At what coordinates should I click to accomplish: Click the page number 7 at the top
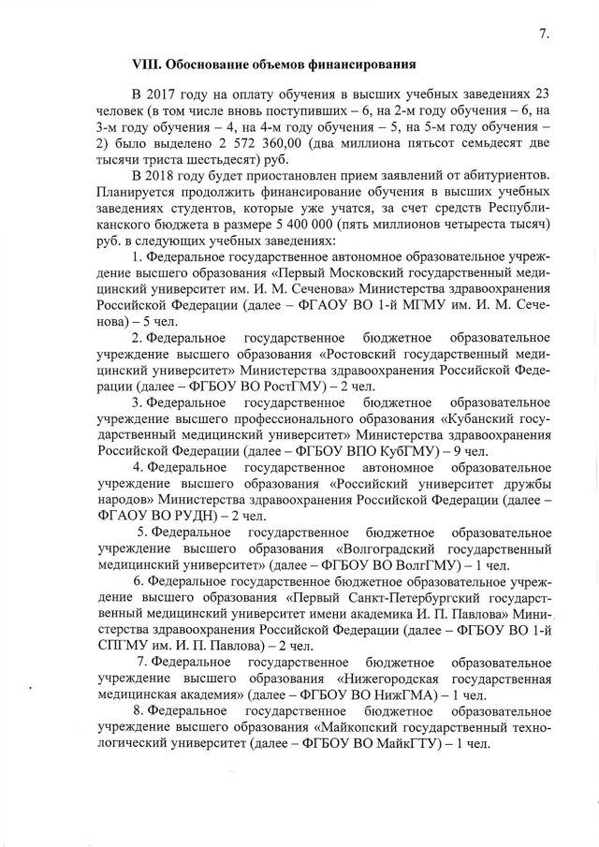(x=544, y=35)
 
